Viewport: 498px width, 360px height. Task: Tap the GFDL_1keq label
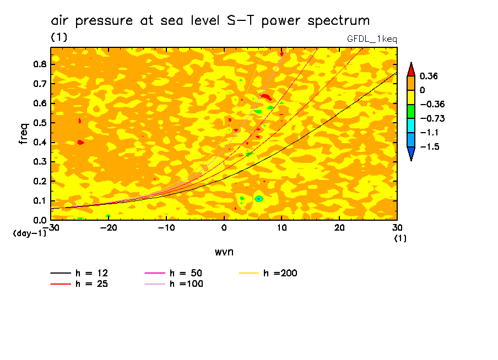[x=372, y=39]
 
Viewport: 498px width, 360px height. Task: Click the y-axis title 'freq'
[x=24, y=134]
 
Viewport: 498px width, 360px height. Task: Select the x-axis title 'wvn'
[x=224, y=252]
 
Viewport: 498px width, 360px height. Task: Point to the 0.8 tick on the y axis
[x=39, y=64]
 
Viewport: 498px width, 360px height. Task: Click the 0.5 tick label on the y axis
[x=39, y=123]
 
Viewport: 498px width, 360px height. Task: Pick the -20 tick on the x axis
[x=109, y=227]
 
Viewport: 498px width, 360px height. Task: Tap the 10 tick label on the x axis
[x=282, y=227]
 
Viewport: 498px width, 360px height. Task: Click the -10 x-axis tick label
[x=166, y=227]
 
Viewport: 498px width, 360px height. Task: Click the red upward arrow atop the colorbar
[x=410, y=69]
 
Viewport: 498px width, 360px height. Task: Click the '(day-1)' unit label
[x=29, y=233]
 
